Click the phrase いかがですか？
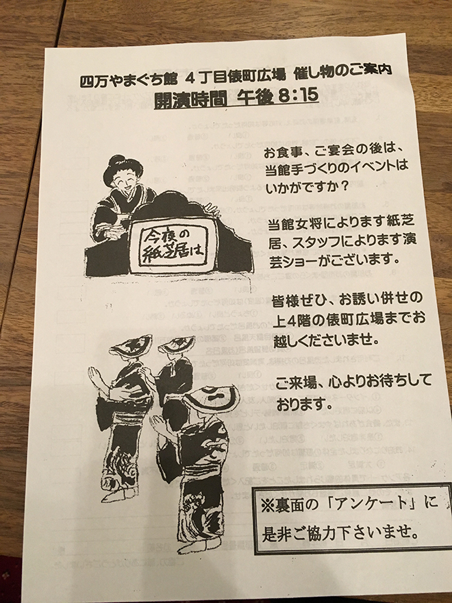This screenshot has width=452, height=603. click(x=306, y=188)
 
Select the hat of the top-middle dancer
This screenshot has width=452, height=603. click(x=177, y=344)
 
